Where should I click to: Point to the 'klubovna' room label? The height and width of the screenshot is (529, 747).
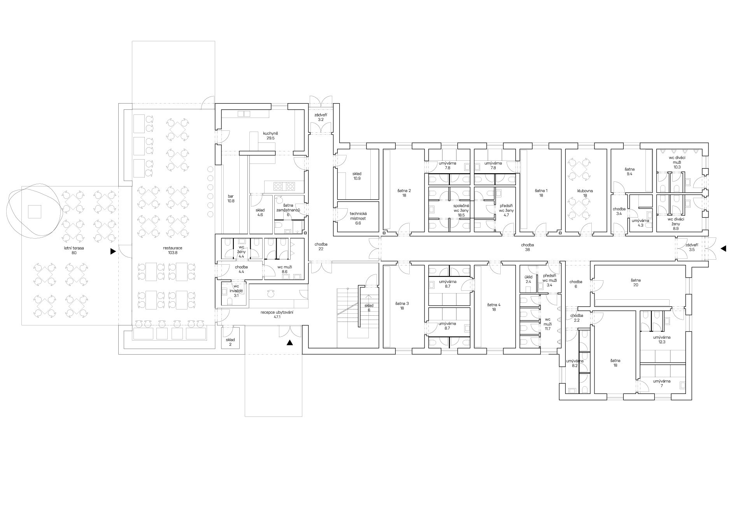pos(585,191)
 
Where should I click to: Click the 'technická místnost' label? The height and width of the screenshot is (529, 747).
pos(358,216)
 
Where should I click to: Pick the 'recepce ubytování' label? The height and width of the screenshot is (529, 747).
pos(277,312)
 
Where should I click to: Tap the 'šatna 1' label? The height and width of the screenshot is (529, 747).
pos(541,191)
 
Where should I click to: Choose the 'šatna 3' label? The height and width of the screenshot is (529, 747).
pos(402,303)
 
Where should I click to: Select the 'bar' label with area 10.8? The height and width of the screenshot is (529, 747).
pos(231,196)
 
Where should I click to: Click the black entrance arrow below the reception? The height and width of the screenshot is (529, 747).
pos(289,343)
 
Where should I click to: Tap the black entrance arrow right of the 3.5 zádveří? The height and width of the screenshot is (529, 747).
pos(723,248)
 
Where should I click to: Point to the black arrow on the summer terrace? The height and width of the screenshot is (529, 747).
pos(113,251)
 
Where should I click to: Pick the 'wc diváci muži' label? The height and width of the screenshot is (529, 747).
pos(677,160)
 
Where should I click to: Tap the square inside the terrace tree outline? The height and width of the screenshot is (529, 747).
pos(34,211)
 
